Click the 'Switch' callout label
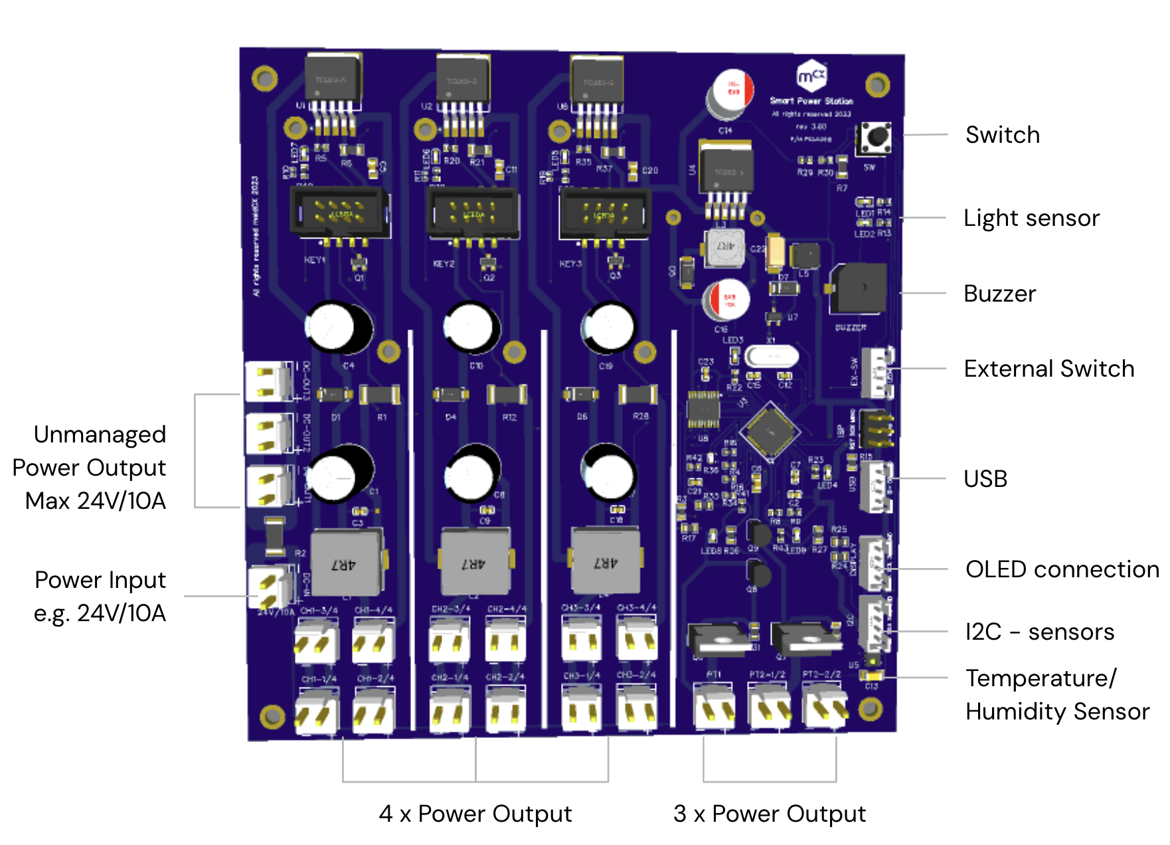tap(1002, 135)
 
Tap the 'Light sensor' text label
tap(1031, 218)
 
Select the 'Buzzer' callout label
tap(999, 294)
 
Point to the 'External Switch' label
tap(1048, 369)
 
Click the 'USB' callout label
tap(985, 478)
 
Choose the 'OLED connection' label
tap(1062, 569)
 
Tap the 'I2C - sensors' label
tap(1039, 632)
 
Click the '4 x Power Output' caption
tap(475, 814)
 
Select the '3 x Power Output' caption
tap(769, 814)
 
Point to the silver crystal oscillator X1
tap(771, 357)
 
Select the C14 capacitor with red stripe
tap(732, 93)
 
